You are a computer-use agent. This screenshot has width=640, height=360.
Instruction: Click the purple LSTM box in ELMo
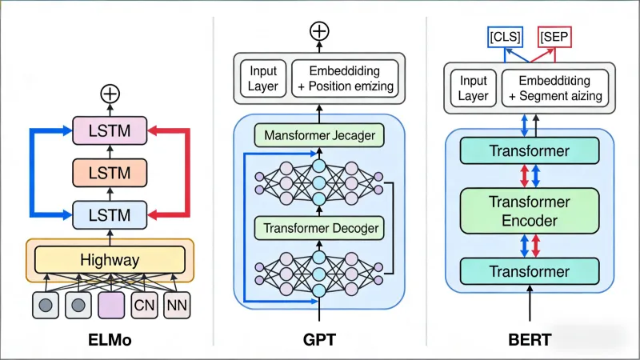[110, 130]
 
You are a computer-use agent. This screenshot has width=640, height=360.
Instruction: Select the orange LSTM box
[110, 172]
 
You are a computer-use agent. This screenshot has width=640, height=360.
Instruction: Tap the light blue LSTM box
[110, 214]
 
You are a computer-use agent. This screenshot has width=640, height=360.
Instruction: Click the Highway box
[110, 259]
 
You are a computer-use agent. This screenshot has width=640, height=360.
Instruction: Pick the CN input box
[144, 304]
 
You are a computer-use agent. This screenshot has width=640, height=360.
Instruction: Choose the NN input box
[177, 304]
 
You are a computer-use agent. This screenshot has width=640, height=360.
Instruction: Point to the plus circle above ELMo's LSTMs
[110, 94]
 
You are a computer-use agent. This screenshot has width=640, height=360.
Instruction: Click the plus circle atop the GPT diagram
[319, 31]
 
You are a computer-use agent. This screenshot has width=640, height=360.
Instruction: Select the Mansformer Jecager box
[319, 135]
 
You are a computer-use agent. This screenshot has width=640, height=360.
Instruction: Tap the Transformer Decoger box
[319, 228]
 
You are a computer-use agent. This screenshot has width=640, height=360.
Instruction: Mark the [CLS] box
[505, 37]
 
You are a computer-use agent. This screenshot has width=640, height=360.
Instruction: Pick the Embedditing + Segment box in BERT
[554, 89]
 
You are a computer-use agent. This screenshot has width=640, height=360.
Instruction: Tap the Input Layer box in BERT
[473, 89]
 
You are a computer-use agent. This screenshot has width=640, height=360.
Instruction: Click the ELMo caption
[109, 340]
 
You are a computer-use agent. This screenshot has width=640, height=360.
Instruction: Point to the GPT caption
[319, 340]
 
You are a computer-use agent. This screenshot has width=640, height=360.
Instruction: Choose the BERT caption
[529, 340]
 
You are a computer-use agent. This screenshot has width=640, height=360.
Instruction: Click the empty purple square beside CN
[110, 304]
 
